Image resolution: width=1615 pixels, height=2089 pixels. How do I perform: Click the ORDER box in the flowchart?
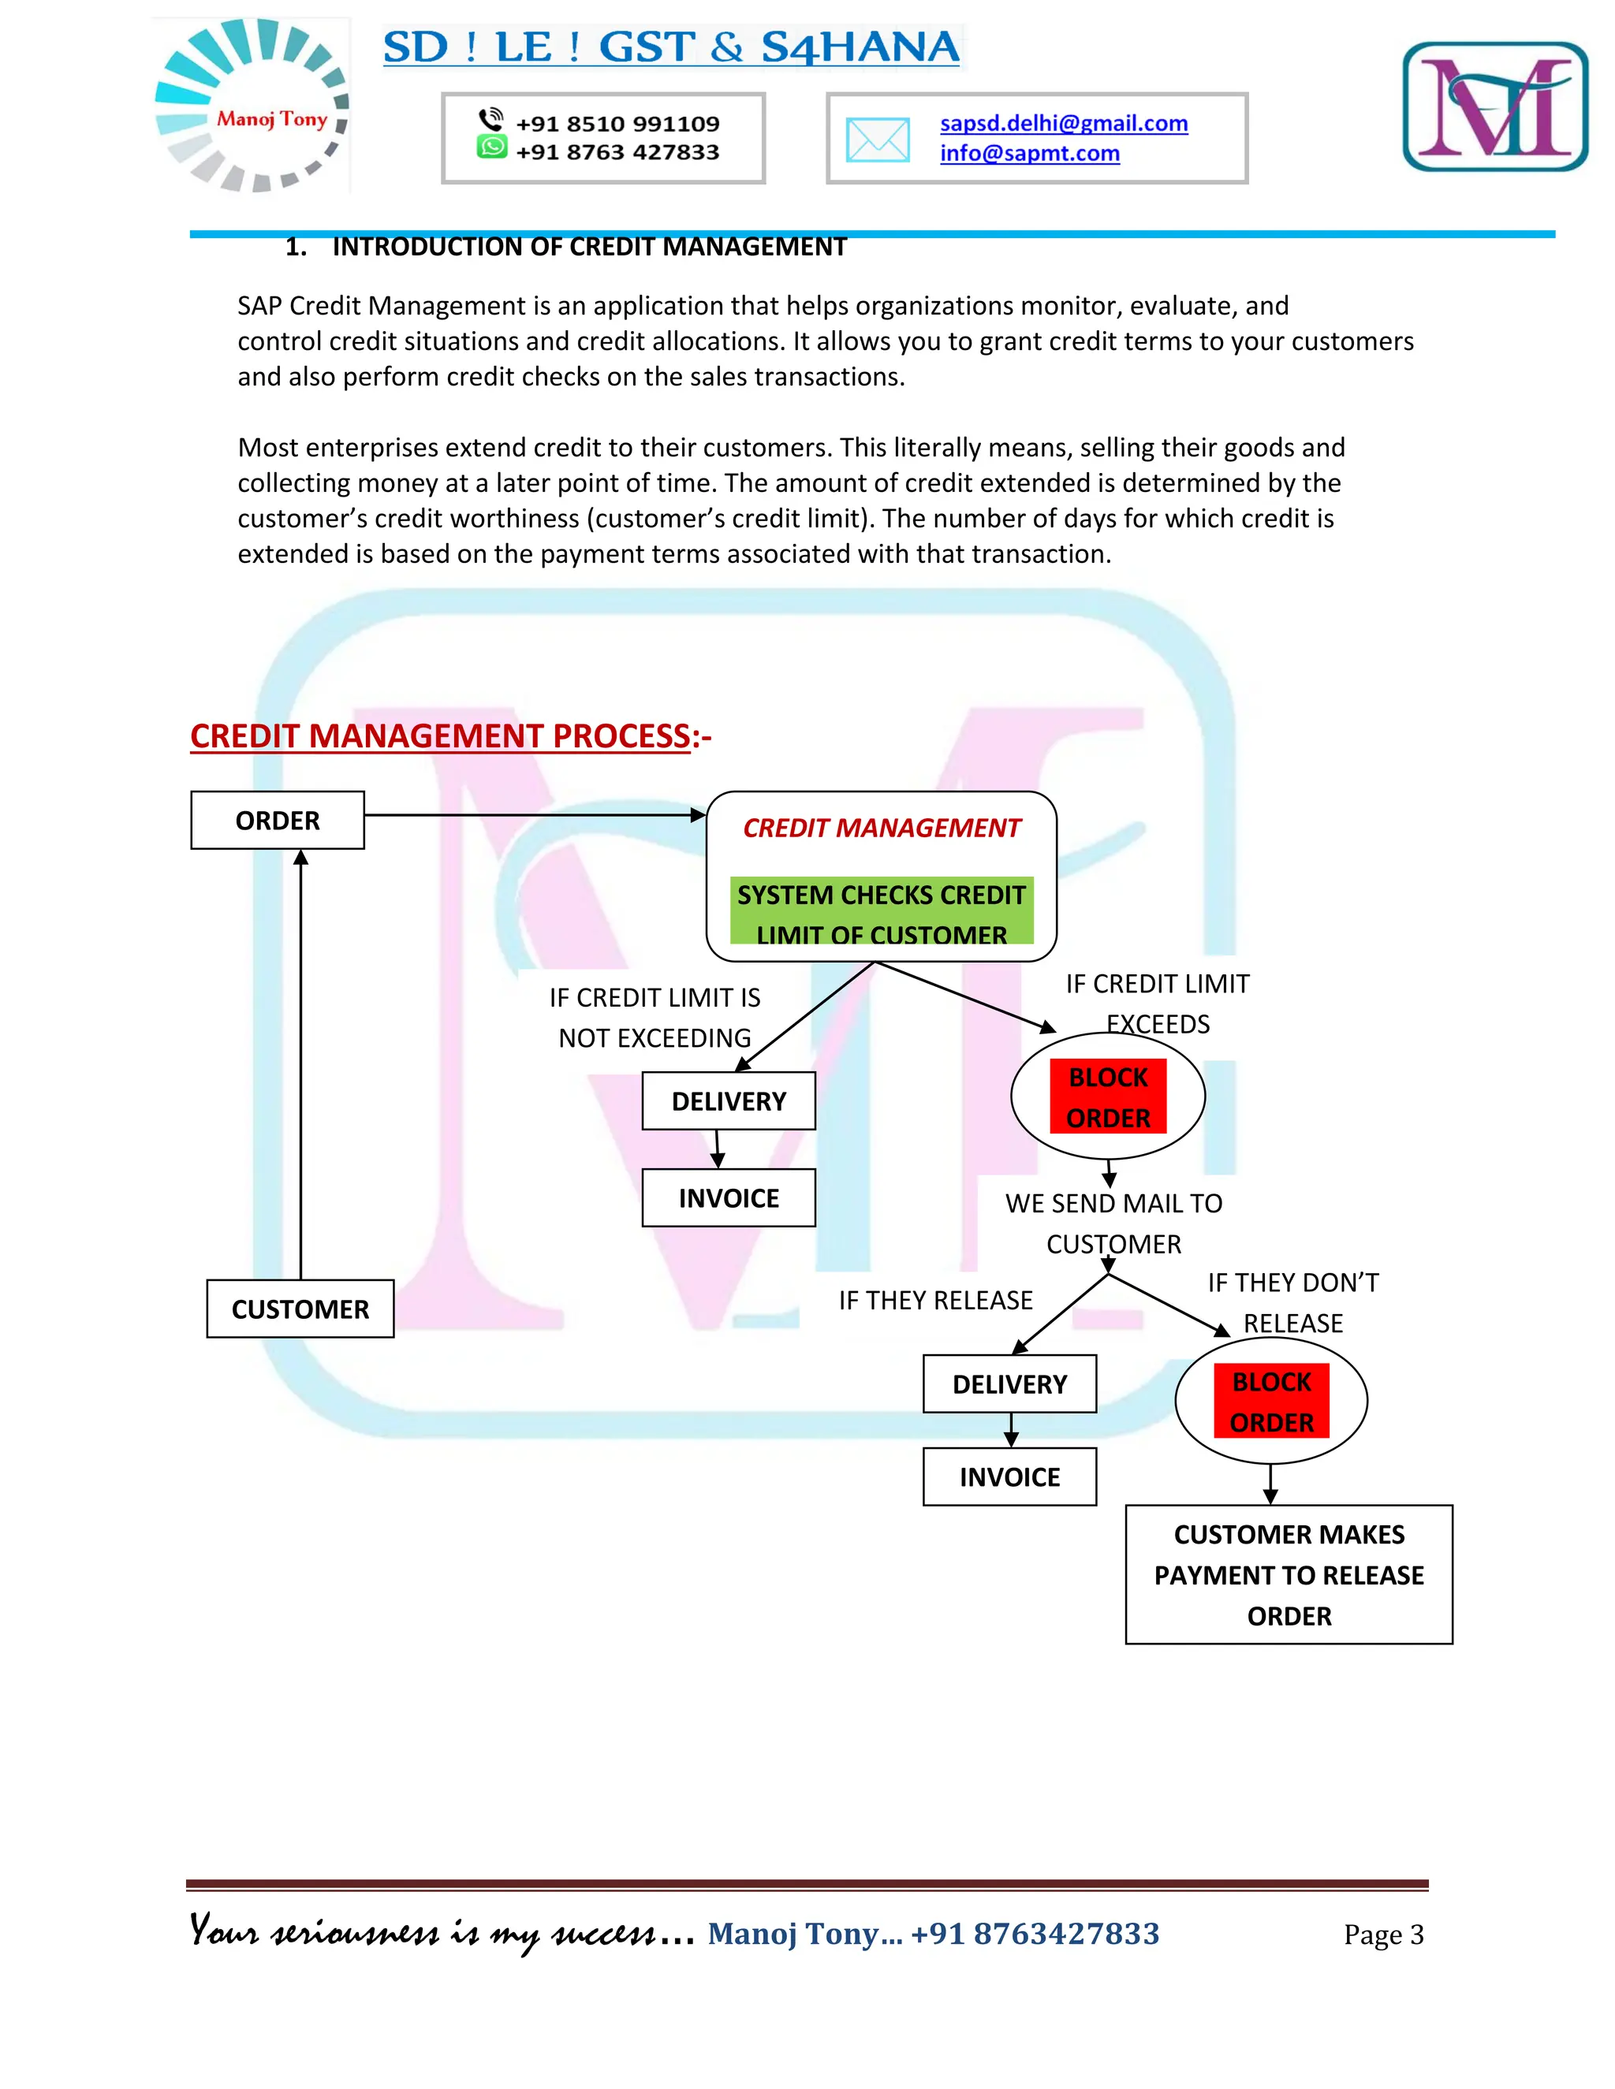(278, 820)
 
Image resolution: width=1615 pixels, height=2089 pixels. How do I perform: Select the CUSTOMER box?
(300, 1309)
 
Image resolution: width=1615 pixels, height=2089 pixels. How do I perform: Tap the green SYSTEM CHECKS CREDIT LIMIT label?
(881, 911)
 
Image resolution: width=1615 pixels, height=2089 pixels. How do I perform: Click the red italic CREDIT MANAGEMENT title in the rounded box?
(881, 828)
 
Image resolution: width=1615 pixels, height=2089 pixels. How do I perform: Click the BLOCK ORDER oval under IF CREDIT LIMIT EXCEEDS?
(1108, 1097)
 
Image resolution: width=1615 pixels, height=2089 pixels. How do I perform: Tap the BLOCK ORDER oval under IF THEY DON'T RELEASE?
(1270, 1402)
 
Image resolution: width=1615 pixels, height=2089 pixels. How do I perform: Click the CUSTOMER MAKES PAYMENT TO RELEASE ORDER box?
(1289, 1574)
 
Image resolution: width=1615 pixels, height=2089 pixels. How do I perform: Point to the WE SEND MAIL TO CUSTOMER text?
(1113, 1223)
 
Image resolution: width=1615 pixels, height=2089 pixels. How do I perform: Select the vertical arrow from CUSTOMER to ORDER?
(300, 1062)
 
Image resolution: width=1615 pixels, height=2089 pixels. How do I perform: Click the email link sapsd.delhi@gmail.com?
(1063, 124)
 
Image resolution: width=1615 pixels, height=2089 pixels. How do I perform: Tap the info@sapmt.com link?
(1029, 153)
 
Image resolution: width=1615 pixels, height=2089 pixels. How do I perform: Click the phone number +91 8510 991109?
(617, 124)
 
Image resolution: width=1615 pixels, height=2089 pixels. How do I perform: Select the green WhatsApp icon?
(492, 147)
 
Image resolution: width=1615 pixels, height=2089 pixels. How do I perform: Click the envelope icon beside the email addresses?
(878, 140)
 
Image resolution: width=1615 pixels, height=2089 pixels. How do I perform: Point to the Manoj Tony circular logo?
(252, 105)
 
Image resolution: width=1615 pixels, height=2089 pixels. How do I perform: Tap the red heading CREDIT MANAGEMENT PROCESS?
(440, 735)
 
